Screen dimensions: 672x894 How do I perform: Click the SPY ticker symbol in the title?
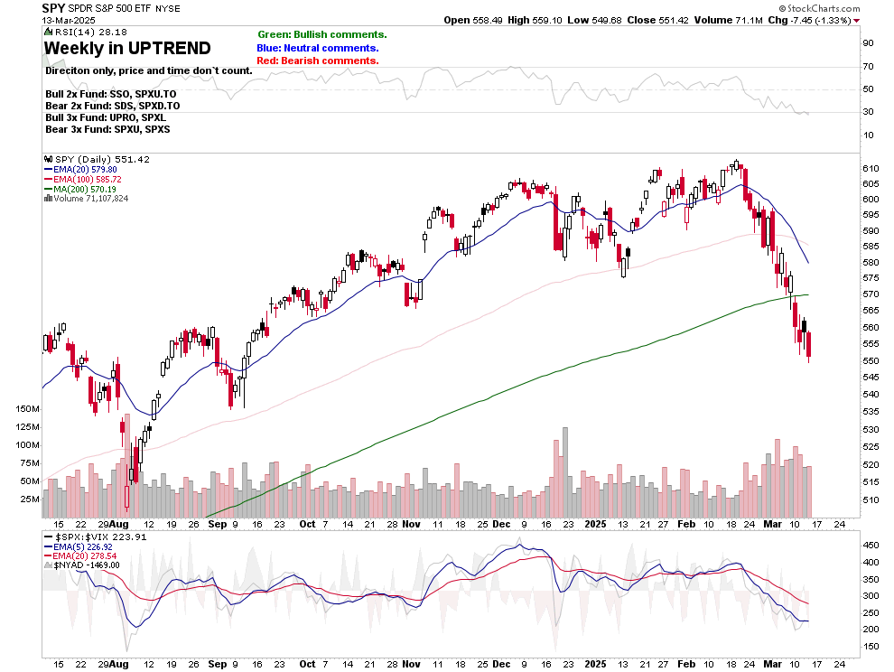tap(53, 7)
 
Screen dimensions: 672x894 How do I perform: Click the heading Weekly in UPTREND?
tap(127, 49)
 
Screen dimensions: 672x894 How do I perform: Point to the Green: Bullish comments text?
tap(321, 34)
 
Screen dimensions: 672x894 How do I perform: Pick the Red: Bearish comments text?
tap(318, 61)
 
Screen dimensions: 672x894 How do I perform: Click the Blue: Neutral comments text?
tap(318, 48)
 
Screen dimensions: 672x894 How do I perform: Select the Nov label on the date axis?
tap(411, 524)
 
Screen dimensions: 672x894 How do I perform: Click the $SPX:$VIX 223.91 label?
tap(92, 536)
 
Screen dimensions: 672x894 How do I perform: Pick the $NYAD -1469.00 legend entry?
tap(88, 565)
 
